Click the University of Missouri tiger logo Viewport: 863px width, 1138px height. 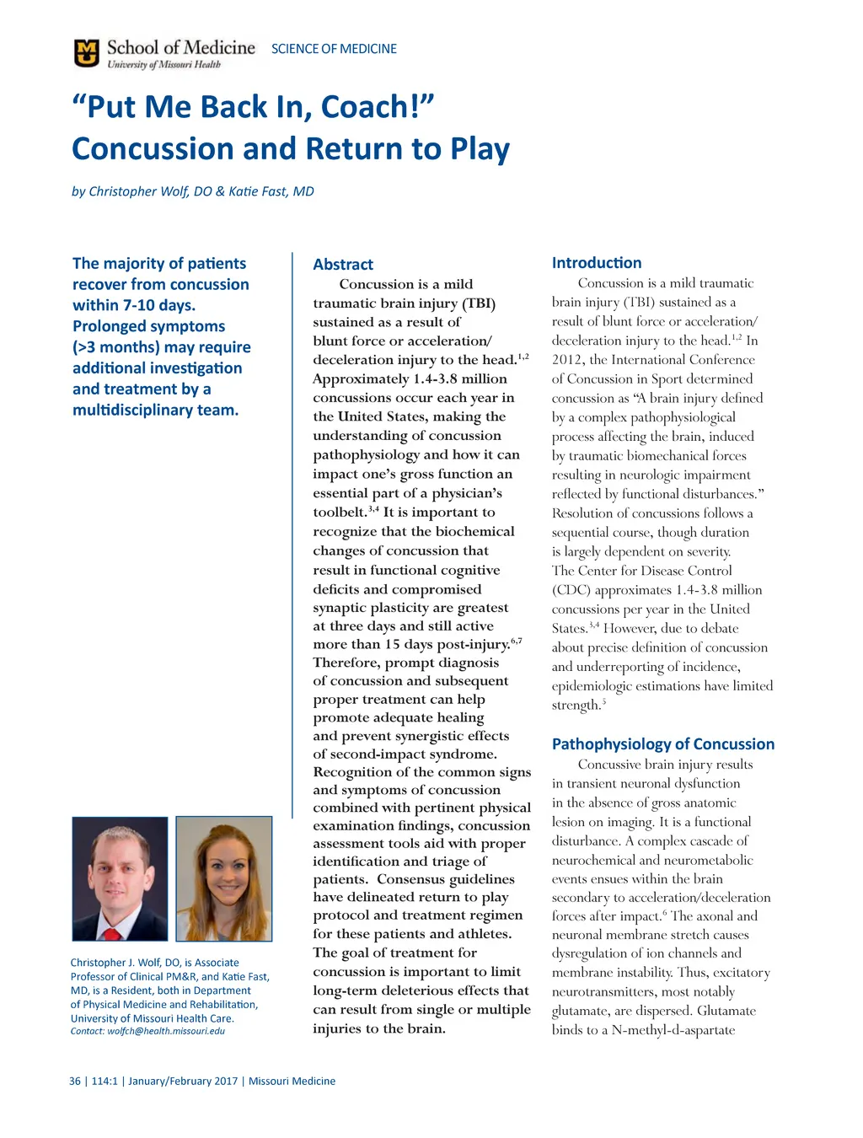pos(86,53)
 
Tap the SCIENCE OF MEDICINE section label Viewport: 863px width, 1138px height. pos(334,49)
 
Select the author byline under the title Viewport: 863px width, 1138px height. pos(192,191)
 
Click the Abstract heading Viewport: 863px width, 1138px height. pos(343,264)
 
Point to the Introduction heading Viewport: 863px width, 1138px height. pos(597,263)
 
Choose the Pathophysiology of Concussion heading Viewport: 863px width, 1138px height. pos(662,743)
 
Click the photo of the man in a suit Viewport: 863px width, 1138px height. pos(120,878)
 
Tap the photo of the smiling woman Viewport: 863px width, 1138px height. pos(224,878)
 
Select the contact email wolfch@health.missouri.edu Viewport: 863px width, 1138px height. pos(166,1031)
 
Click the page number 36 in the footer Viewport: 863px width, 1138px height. pos(75,1081)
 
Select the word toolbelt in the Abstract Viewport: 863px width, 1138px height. pos(340,513)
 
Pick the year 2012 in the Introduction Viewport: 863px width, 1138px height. pos(566,360)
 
